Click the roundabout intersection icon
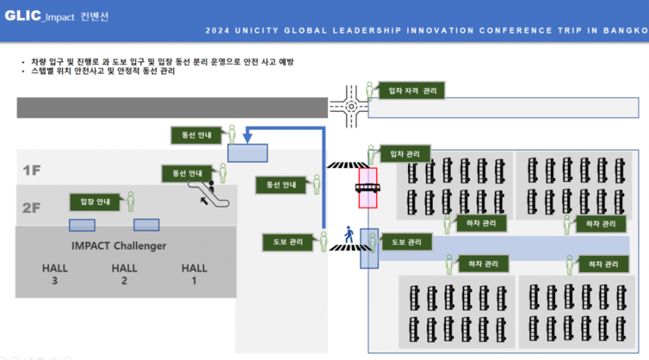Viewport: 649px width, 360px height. (350, 107)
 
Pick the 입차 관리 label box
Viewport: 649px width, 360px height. (404, 154)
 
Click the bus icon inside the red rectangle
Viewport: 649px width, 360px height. (367, 188)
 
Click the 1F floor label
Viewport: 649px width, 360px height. (31, 170)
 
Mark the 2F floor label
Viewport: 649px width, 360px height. (31, 208)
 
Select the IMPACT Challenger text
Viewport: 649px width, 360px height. (119, 246)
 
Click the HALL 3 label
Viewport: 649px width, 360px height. (54, 274)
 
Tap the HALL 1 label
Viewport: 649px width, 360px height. (194, 274)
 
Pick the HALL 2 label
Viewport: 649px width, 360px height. (124, 274)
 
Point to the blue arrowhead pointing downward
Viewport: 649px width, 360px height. (248, 138)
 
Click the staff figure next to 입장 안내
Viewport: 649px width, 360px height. (131, 201)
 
